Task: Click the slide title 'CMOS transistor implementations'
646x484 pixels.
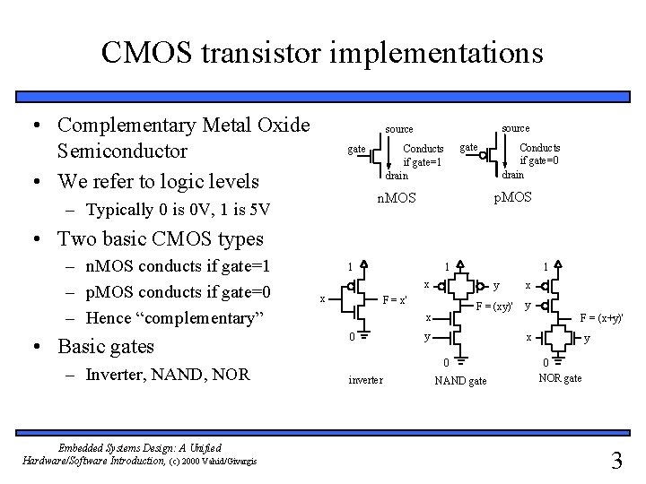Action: pos(322,51)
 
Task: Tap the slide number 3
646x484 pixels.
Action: pos(615,462)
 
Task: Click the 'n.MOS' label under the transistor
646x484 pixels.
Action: pos(395,197)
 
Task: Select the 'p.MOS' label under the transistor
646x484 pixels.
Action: pos(512,194)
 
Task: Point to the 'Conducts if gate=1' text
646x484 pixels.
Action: pos(423,155)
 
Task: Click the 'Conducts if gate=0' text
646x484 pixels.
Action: pos(540,153)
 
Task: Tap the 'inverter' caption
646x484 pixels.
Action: pos(365,380)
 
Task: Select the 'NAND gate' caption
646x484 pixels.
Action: pos(460,381)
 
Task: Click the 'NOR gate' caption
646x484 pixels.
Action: pos(560,378)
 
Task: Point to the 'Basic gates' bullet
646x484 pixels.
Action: pos(105,346)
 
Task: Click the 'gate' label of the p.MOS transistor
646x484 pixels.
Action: pos(469,146)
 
